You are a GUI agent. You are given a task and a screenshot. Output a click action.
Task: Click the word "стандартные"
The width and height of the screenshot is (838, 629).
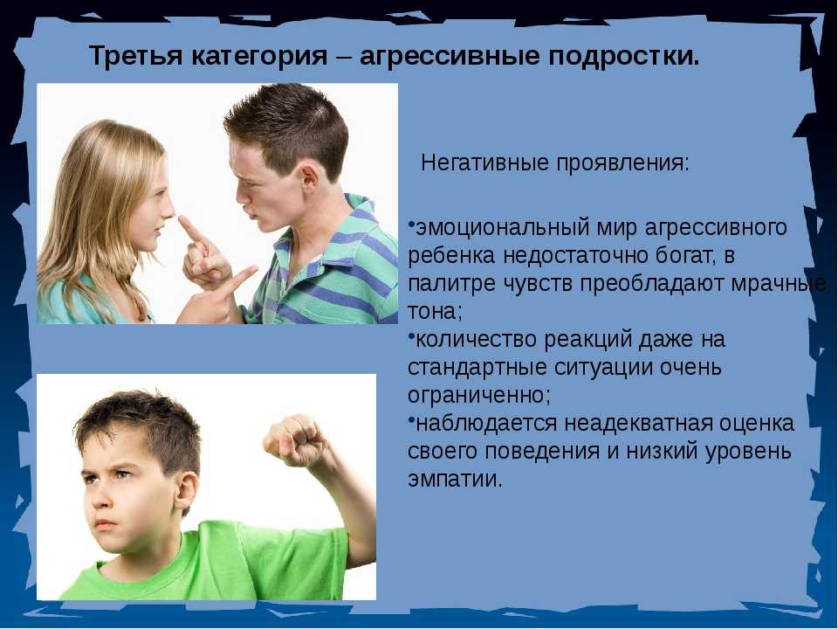pyautogui.click(x=477, y=368)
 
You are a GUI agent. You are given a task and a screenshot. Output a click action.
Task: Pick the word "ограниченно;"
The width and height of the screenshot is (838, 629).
pyautogui.click(x=479, y=396)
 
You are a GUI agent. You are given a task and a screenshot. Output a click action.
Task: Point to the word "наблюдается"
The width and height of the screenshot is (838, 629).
pyautogui.click(x=486, y=425)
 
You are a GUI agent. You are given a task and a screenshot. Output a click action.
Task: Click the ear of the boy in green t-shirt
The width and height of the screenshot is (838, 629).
pyautogui.click(x=184, y=490)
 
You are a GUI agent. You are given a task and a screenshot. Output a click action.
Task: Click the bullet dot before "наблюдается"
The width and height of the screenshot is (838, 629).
pyautogui.click(x=411, y=418)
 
